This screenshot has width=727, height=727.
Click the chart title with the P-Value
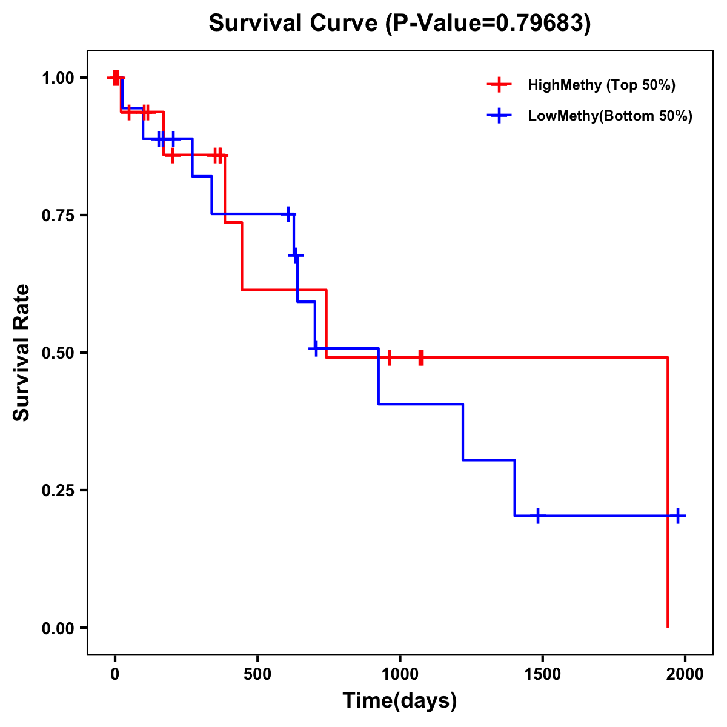pos(399,24)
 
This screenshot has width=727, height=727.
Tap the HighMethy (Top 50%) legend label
pos(601,85)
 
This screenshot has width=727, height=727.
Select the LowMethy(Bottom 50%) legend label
pos(610,116)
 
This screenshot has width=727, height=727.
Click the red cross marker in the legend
pos(499,85)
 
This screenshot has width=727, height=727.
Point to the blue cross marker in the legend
pos(499,116)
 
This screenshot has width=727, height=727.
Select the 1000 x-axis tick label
pos(400,674)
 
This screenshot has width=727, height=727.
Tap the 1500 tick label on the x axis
pos(542,674)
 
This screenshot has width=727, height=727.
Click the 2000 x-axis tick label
pos(685,674)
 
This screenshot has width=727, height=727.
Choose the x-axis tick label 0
pos(115,674)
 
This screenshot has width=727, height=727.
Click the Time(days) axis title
pos(400,701)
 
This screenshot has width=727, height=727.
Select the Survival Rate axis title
pos(22,352)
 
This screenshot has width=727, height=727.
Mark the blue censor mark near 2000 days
pos(678,516)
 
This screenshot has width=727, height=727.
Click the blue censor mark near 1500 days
pos(537,516)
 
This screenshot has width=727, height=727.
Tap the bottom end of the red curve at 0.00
pos(668,626)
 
